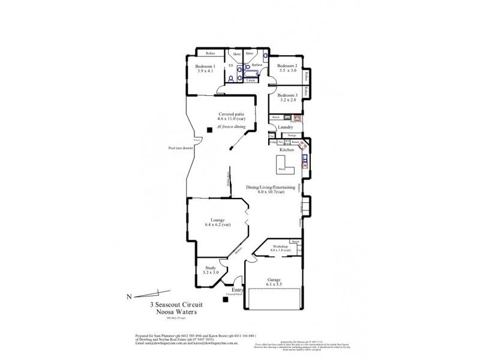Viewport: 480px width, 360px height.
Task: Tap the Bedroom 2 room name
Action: [287, 65]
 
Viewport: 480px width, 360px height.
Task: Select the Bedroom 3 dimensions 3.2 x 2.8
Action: [287, 100]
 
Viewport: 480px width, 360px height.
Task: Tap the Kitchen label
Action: [286, 149]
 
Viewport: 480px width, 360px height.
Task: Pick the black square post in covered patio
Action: [208, 130]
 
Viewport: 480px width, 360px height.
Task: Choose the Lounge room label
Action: [217, 220]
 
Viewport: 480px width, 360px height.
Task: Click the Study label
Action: [211, 268]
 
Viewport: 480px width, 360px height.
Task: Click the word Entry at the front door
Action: [230, 290]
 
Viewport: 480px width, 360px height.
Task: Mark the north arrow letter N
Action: [128, 296]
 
